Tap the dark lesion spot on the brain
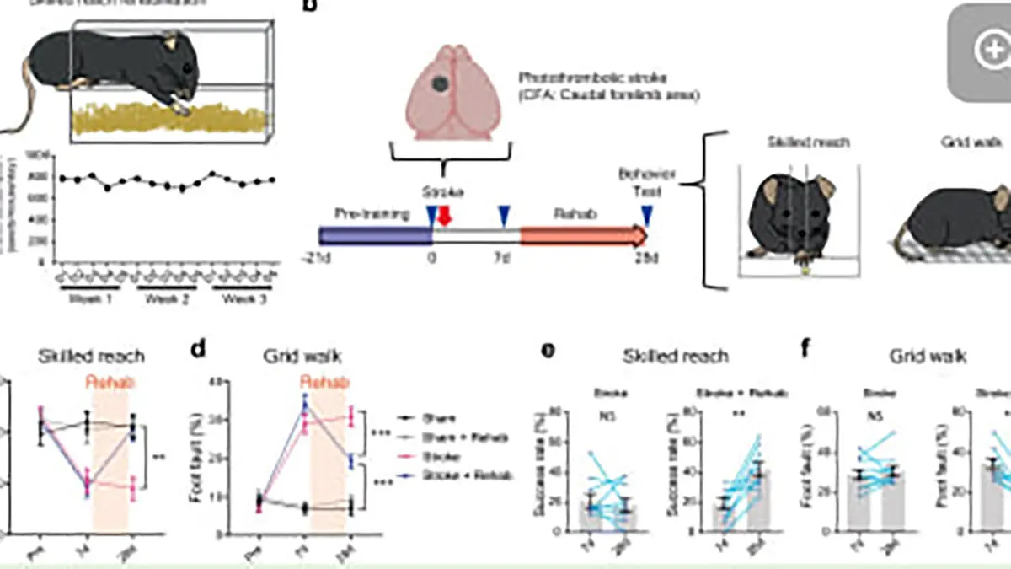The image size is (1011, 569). point(441,83)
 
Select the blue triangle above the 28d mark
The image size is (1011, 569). point(646,216)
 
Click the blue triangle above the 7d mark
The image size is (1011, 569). point(505,216)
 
